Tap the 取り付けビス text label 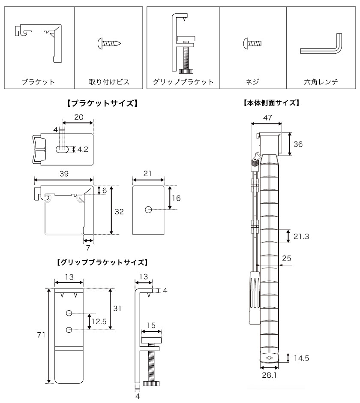tap(109, 81)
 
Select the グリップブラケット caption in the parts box tap(183, 81)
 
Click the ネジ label tap(253, 81)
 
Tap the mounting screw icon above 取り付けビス tap(110, 44)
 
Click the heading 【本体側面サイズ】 tap(271, 103)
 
